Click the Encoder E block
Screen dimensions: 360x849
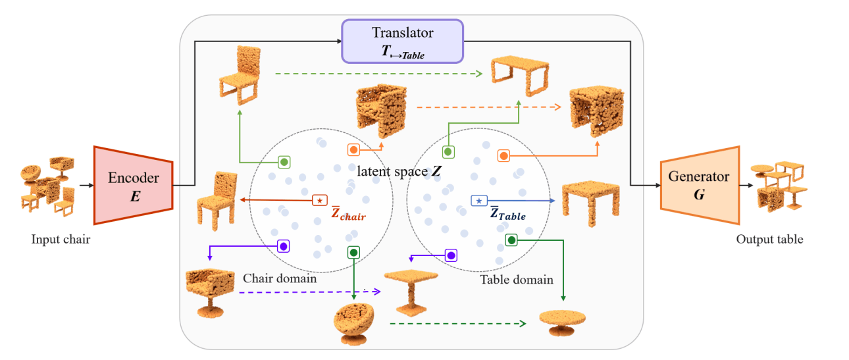point(133,185)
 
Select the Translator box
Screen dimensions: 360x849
point(402,41)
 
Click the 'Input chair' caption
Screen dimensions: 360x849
point(61,240)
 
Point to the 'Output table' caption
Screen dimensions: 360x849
point(769,240)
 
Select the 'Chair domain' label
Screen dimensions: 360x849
point(280,278)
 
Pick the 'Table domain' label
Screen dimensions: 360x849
point(517,279)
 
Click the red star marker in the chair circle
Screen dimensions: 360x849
point(319,199)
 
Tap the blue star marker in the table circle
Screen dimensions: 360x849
point(478,199)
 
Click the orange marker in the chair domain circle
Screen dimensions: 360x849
point(353,150)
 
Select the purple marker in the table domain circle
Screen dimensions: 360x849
point(451,255)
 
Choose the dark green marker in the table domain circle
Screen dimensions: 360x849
point(512,240)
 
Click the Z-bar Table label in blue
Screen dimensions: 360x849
point(507,215)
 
